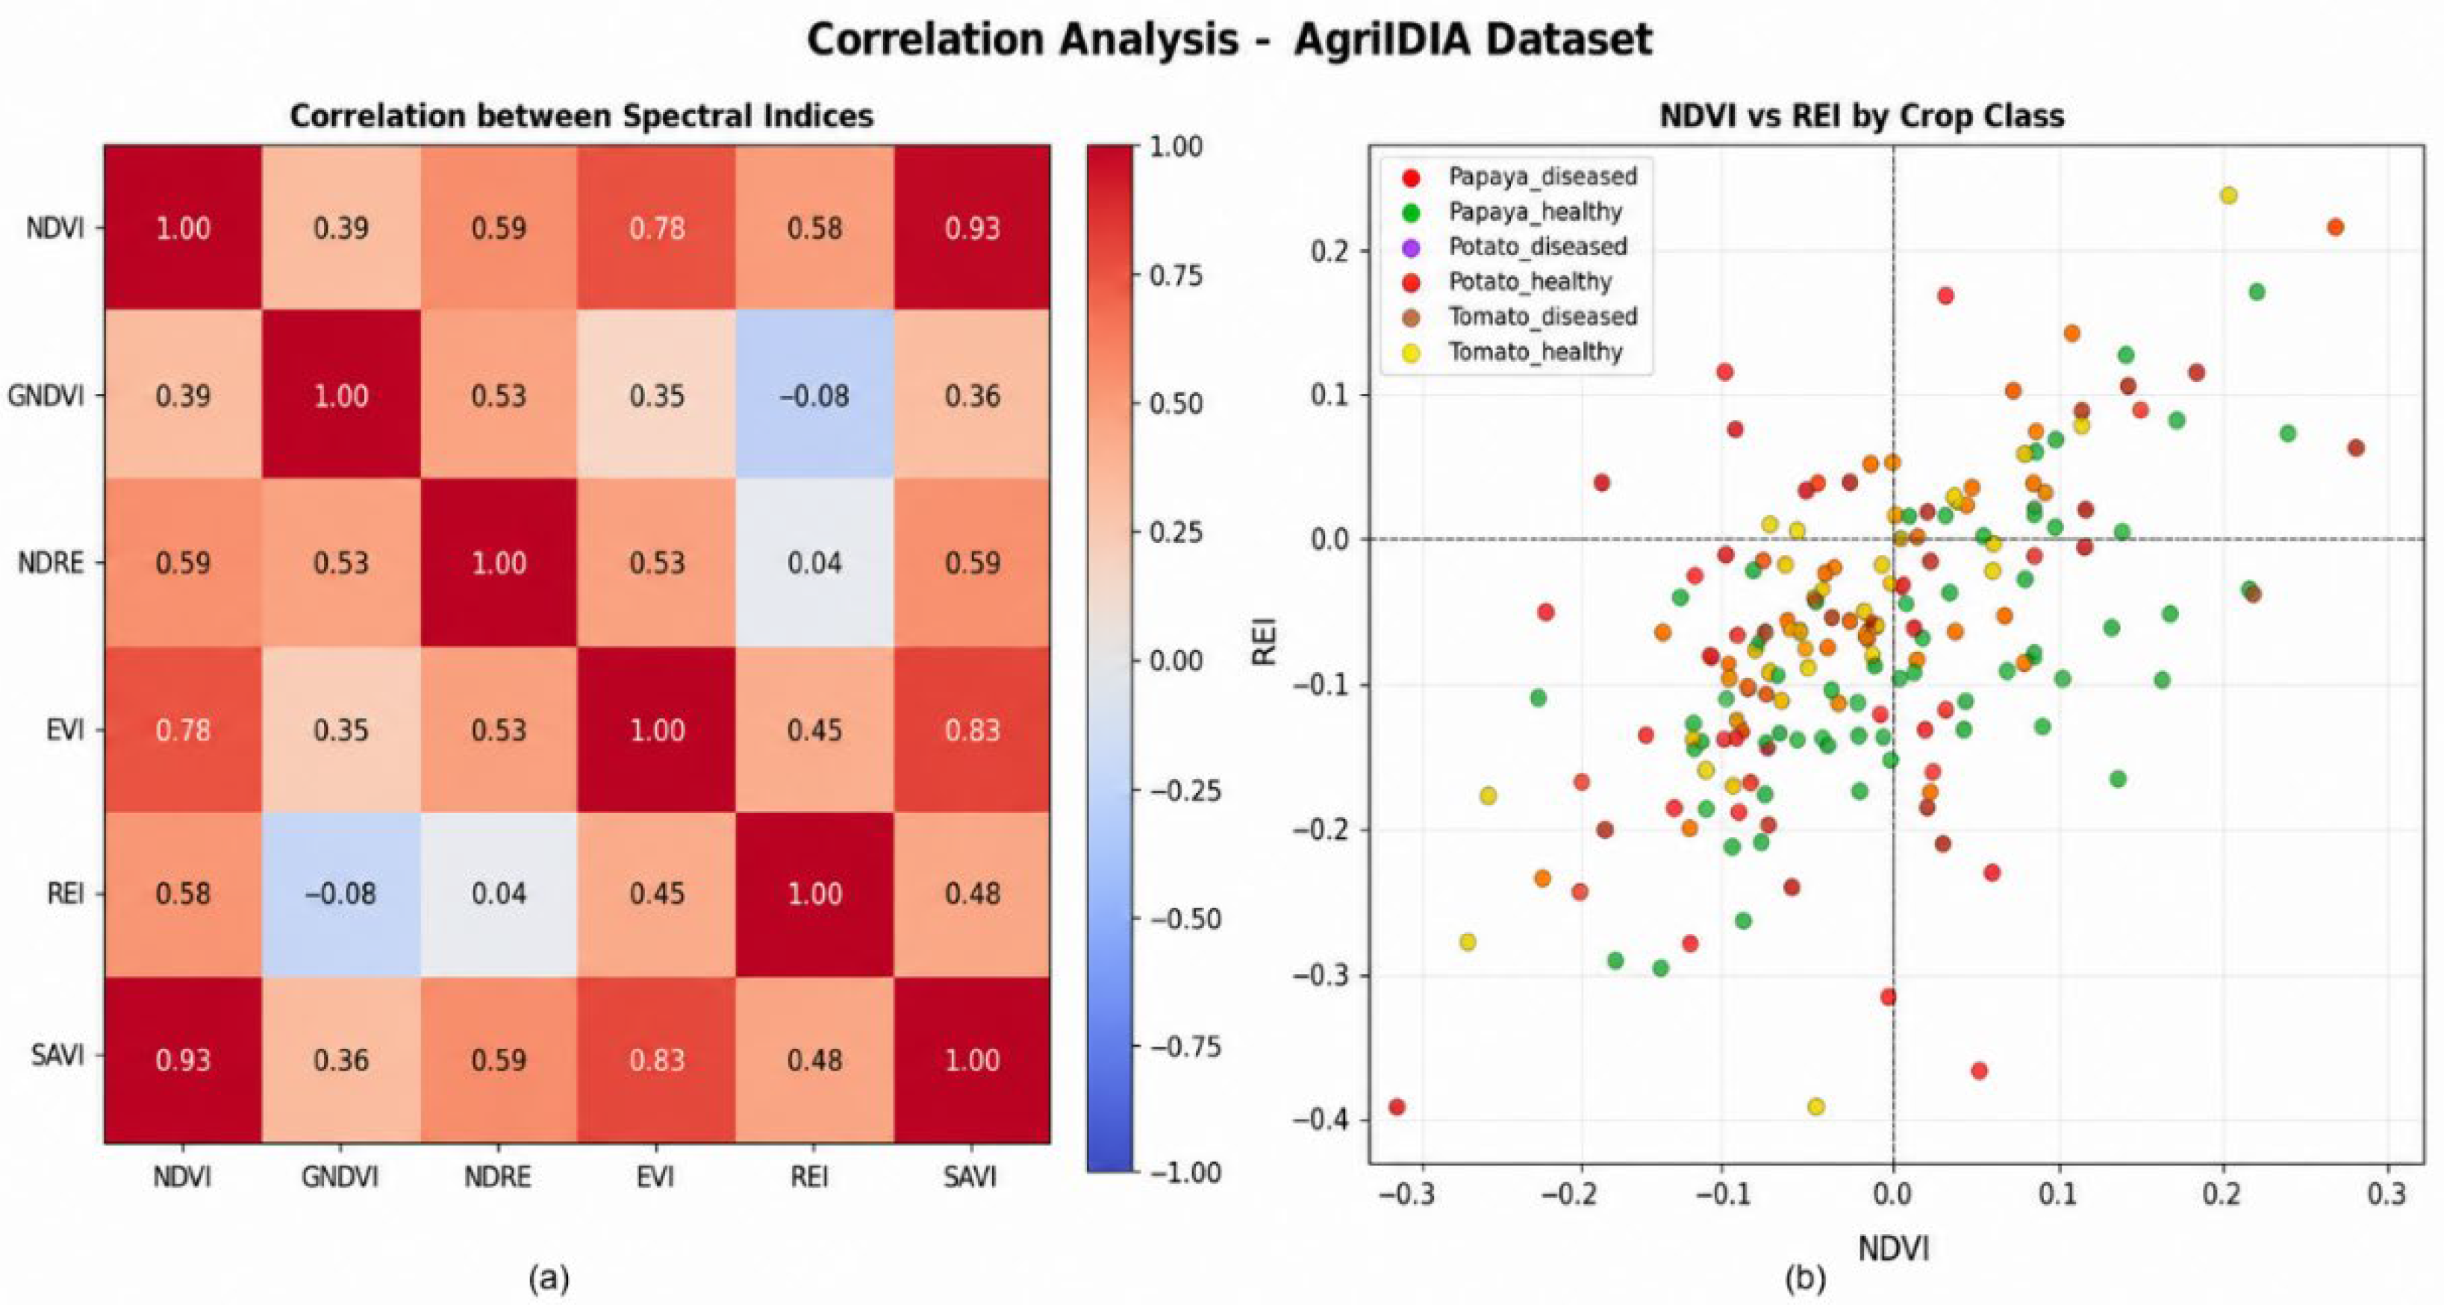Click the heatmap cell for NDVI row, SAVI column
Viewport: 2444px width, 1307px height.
[x=971, y=228]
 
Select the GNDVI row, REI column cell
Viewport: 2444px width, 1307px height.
[x=814, y=395]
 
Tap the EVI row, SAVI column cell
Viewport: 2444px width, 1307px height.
[x=971, y=730]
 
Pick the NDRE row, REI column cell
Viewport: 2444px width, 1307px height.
[x=814, y=562]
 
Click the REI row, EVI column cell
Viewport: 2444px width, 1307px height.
[x=657, y=894]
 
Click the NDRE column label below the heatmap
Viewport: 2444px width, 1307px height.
[x=498, y=1177]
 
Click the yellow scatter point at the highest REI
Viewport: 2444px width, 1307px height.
[x=2228, y=195]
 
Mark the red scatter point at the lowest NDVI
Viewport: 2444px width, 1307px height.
[x=1397, y=1107]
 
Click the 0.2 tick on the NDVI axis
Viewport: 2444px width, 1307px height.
[x=2223, y=1193]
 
